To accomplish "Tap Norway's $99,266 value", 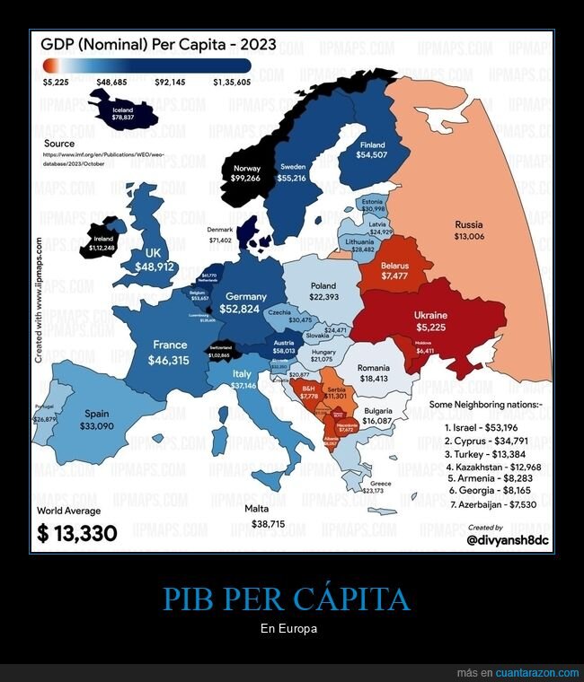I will pyautogui.click(x=246, y=179).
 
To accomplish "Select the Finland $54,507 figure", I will pyautogui.click(x=372, y=155).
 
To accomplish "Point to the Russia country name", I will pyautogui.click(x=468, y=224).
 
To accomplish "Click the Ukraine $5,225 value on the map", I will pyautogui.click(x=431, y=327).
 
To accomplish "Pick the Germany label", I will pyautogui.click(x=246, y=296).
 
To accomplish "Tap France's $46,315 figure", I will pyautogui.click(x=170, y=359).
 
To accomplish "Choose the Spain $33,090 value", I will pyautogui.click(x=96, y=426).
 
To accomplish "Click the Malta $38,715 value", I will pyautogui.click(x=268, y=523).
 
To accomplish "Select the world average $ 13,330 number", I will pyautogui.click(x=77, y=533).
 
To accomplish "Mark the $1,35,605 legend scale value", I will pyautogui.click(x=233, y=82).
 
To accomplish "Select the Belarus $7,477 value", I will pyautogui.click(x=394, y=276).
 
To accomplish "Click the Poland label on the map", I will pyautogui.click(x=323, y=284).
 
